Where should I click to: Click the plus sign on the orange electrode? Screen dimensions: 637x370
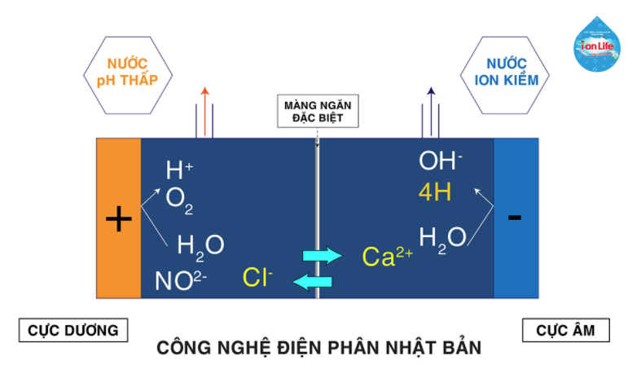point(119,218)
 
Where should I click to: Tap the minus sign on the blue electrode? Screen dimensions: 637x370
point(515,217)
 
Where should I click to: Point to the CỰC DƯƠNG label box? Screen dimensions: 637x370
point(73,330)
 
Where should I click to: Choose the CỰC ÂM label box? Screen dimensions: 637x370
point(566,330)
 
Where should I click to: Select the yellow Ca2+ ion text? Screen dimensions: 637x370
point(387,258)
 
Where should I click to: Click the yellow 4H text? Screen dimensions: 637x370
point(435,192)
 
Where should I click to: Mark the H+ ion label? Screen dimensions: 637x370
point(179,170)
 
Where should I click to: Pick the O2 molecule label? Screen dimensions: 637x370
point(179,199)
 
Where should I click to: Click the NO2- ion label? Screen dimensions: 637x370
point(181,281)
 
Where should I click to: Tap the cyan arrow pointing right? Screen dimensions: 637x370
point(323,256)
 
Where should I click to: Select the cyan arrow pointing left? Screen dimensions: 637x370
point(313,282)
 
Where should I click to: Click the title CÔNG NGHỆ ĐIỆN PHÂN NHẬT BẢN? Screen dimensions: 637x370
point(318,347)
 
